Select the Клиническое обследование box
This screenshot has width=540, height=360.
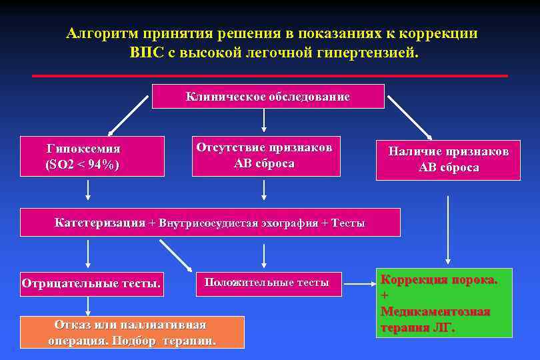coord(268,97)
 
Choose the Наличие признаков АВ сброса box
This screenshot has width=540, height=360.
coord(448,160)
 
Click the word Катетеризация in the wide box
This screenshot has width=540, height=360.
coord(100,223)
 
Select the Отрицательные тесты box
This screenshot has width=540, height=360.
coord(91,283)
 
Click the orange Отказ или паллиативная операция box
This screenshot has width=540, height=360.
coord(132,332)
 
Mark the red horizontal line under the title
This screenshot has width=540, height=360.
coord(269,76)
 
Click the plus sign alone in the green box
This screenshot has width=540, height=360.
coord(384,295)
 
